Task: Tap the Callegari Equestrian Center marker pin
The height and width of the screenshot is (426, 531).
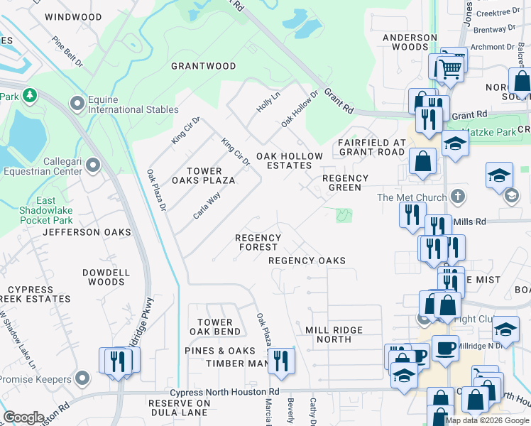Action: click(x=93, y=166)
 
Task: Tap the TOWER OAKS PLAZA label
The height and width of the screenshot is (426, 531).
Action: click(x=204, y=175)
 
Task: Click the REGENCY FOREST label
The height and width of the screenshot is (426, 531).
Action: click(x=258, y=242)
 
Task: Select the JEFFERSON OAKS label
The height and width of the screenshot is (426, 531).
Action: click(x=87, y=232)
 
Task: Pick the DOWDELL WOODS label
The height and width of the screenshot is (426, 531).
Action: click(x=106, y=277)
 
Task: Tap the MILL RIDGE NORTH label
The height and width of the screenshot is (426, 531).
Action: click(x=334, y=334)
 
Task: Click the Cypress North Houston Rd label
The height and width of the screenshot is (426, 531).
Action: click(x=224, y=392)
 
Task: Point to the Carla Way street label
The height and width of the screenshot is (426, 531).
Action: click(x=207, y=205)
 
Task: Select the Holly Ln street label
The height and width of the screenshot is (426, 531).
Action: click(x=268, y=104)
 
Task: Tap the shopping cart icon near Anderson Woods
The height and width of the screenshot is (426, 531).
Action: click(x=449, y=69)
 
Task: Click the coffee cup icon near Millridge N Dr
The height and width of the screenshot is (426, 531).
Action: click(x=445, y=349)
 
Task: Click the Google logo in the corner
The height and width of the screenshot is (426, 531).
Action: click(x=23, y=417)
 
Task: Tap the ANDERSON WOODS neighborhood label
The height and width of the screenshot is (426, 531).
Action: click(x=410, y=42)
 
